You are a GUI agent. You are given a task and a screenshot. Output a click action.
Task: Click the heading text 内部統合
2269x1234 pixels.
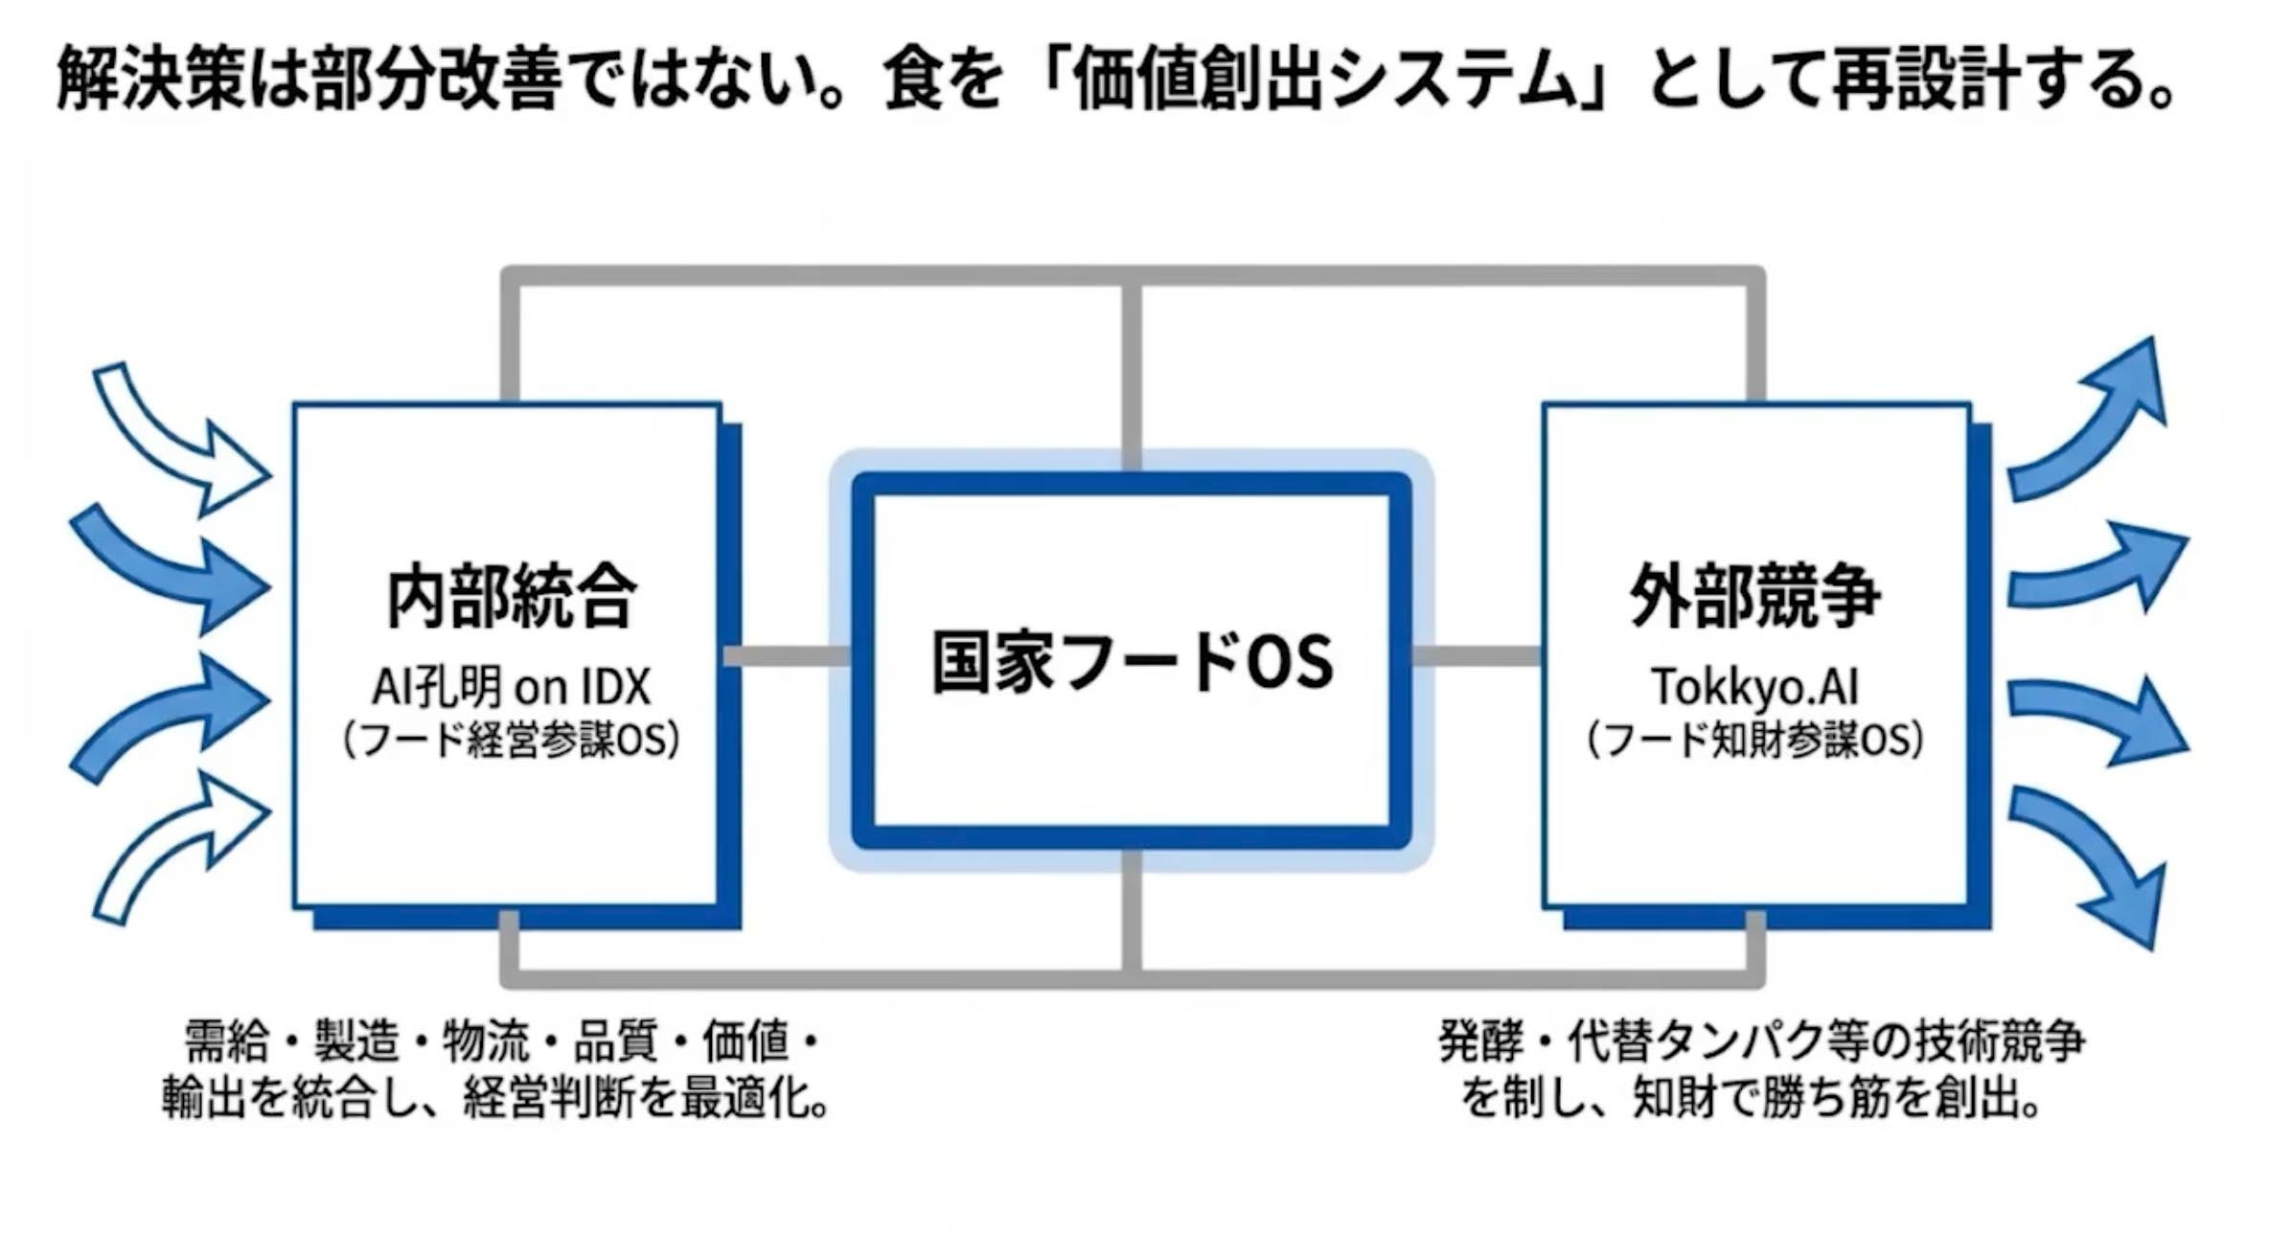tap(511, 597)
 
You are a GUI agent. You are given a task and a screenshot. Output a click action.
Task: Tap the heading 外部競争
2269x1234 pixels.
tap(1755, 597)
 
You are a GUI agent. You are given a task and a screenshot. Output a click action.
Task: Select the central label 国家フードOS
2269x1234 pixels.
tap(1132, 661)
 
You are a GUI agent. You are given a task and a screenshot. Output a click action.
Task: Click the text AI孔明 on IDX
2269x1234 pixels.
tap(511, 687)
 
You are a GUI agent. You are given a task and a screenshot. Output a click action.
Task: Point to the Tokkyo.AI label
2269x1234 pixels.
tap(1754, 687)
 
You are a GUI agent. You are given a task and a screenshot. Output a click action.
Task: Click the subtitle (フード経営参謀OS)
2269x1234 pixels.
tap(511, 740)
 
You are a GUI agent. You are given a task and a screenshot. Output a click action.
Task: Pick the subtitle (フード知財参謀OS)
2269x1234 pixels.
tap(1754, 740)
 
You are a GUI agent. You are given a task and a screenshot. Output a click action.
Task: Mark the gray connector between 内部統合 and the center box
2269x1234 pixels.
tap(786, 656)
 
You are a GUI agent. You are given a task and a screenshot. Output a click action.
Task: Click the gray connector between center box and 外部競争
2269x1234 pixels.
tap(1476, 656)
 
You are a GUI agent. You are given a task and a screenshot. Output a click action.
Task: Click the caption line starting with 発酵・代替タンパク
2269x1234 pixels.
tap(1761, 1042)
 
